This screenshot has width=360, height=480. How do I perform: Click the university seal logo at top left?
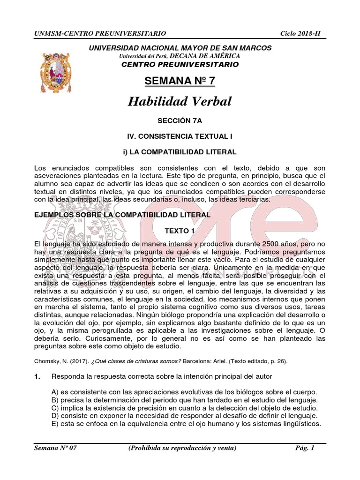click(x=52, y=72)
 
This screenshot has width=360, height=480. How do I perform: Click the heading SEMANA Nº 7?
click(x=180, y=81)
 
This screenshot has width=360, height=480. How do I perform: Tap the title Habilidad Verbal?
click(x=180, y=101)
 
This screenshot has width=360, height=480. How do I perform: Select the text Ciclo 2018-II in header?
click(x=303, y=34)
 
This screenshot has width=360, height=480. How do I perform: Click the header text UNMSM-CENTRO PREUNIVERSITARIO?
click(x=100, y=34)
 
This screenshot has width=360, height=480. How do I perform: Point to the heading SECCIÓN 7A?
click(x=180, y=120)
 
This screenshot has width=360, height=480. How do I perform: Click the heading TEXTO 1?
click(x=180, y=231)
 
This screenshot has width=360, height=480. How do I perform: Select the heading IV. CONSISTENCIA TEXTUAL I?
click(x=180, y=136)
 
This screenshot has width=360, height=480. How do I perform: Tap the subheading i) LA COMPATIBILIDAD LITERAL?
click(x=180, y=152)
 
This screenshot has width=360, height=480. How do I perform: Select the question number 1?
click(x=38, y=376)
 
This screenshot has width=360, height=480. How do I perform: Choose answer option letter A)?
click(x=55, y=392)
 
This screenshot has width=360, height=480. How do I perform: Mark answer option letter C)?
click(x=55, y=408)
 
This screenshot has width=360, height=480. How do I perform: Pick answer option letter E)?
click(x=55, y=424)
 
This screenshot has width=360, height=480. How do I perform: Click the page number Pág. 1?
click(x=305, y=448)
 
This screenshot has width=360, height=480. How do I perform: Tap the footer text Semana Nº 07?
click(x=56, y=448)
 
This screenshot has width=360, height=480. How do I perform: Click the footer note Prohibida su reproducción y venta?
click(x=182, y=448)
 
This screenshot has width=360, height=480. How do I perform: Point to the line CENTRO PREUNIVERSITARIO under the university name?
click(x=180, y=64)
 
